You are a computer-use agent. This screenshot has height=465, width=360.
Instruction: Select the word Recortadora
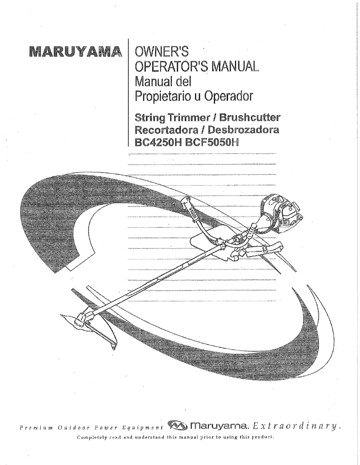(x=164, y=130)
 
